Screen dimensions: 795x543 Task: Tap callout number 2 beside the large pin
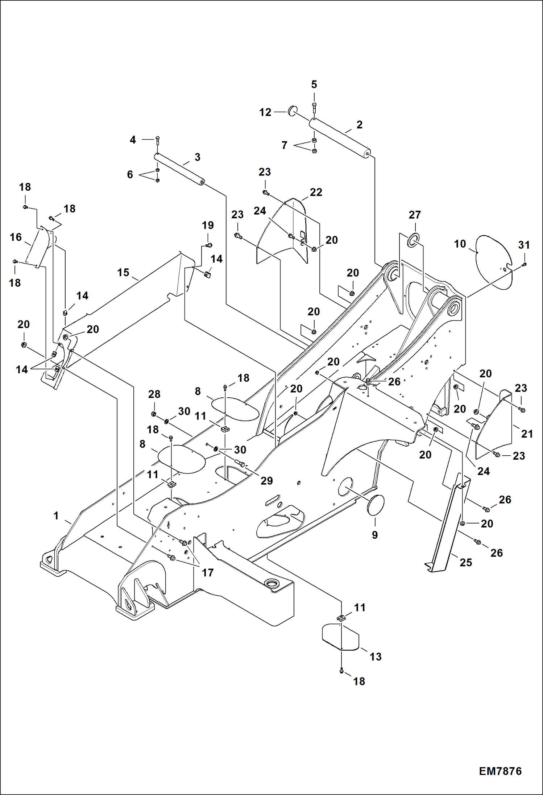[x=359, y=125]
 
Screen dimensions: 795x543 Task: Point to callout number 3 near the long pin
[x=197, y=157]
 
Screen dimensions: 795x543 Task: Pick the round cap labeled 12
[x=293, y=110]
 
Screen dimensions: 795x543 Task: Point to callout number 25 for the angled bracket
[x=466, y=562]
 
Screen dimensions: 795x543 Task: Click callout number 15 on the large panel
[x=123, y=272]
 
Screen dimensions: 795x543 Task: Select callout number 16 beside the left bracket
[x=16, y=237]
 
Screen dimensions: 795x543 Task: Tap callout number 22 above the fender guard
[x=316, y=192]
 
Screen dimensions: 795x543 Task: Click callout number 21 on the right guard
[x=527, y=434]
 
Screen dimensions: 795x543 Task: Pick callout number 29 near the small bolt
[x=266, y=481]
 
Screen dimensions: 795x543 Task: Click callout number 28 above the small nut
[x=154, y=394]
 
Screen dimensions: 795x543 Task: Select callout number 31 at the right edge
[x=524, y=245]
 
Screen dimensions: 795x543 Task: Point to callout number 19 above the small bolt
[x=208, y=225]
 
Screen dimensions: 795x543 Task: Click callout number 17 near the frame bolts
[x=208, y=572]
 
